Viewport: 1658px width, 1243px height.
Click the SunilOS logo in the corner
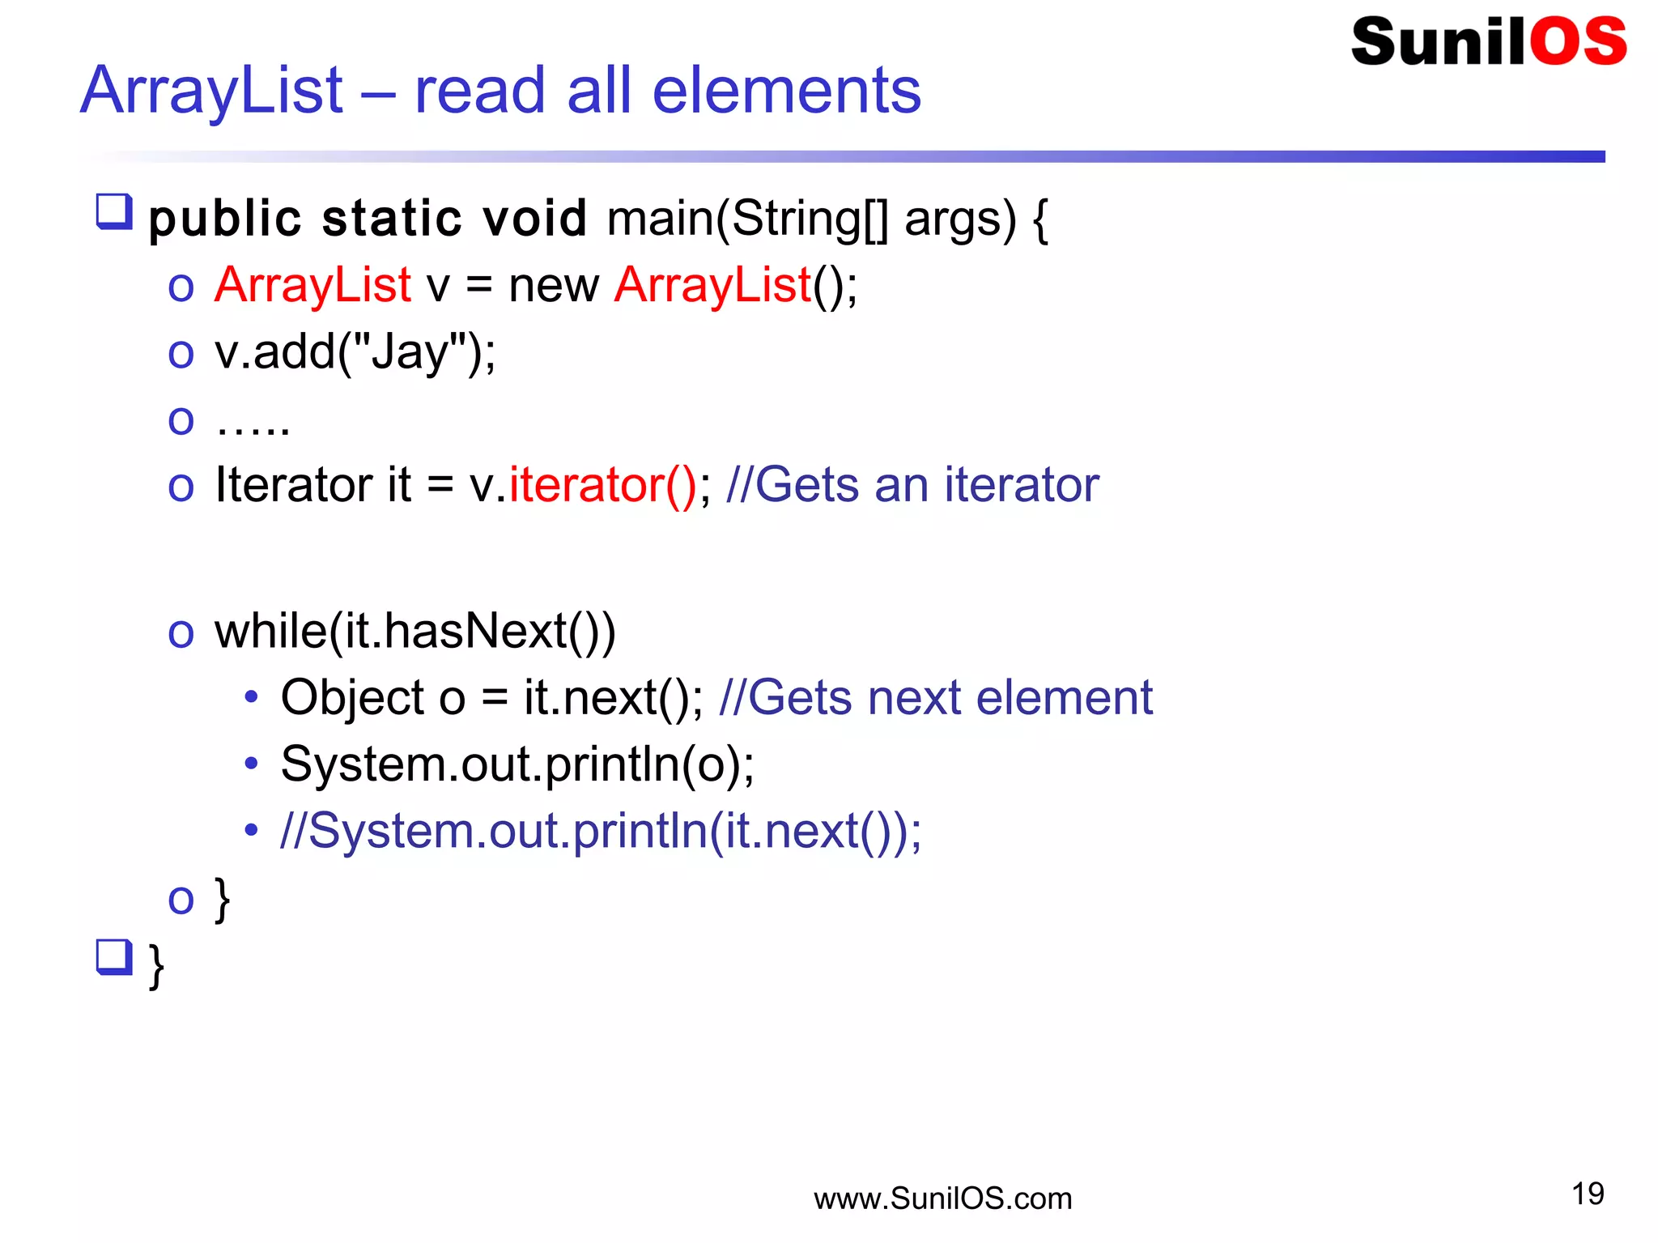click(x=1488, y=42)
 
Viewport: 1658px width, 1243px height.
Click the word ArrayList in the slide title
click(x=212, y=90)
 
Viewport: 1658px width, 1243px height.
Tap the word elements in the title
click(x=786, y=90)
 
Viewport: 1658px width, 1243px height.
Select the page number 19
click(x=1588, y=1194)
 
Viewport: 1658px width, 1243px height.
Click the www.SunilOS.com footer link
click(x=942, y=1198)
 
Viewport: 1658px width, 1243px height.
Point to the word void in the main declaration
click(x=534, y=219)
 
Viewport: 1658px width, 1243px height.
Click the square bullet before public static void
click(x=114, y=212)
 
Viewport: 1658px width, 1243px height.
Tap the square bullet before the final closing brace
click(x=114, y=957)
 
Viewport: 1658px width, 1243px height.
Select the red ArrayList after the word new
click(x=712, y=285)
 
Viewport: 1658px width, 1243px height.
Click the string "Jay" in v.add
click(x=405, y=353)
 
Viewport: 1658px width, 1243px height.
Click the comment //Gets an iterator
click(x=912, y=485)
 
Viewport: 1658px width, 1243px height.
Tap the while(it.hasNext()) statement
click(x=414, y=632)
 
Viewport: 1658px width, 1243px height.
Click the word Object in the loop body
click(x=352, y=698)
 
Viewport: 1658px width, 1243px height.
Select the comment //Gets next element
click(x=935, y=698)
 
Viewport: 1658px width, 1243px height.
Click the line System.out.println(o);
click(x=517, y=764)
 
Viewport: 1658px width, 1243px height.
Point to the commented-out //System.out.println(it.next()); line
click(x=601, y=831)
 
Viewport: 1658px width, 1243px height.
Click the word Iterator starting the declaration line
click(x=293, y=485)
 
